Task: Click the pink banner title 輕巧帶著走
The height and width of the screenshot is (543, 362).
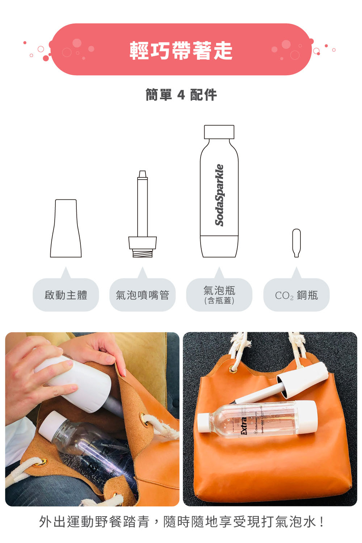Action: [x=181, y=50]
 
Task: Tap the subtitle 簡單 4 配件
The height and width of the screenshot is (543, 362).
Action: [x=181, y=95]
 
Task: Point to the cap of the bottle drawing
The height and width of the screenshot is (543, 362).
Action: [x=219, y=132]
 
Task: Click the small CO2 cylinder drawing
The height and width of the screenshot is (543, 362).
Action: [x=296, y=243]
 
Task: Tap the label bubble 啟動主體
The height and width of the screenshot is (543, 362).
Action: [x=66, y=295]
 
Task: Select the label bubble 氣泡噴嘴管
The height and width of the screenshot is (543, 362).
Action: [x=142, y=295]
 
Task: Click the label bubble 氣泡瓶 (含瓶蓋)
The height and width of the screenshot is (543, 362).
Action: [x=219, y=295]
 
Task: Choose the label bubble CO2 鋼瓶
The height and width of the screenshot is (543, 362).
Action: [x=296, y=295]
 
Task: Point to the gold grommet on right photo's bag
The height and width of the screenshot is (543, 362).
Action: [x=232, y=369]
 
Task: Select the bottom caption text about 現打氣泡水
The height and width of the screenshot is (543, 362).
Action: [x=181, y=522]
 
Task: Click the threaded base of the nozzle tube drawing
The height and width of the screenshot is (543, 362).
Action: [x=142, y=253]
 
